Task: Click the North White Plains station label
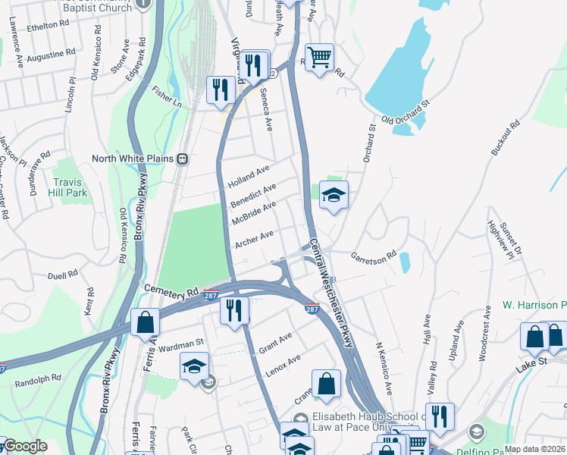[133, 158]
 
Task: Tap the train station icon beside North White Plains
[183, 159]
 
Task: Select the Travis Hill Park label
[71, 188]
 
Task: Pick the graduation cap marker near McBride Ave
[334, 196]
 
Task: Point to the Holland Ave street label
[249, 179]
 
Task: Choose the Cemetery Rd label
[171, 291]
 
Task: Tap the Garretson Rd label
[374, 256]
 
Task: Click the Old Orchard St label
[406, 111]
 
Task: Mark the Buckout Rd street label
[506, 137]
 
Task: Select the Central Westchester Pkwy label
[331, 293]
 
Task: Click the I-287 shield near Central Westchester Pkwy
[312, 309]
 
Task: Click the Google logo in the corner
[25, 446]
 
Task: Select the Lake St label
[531, 362]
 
